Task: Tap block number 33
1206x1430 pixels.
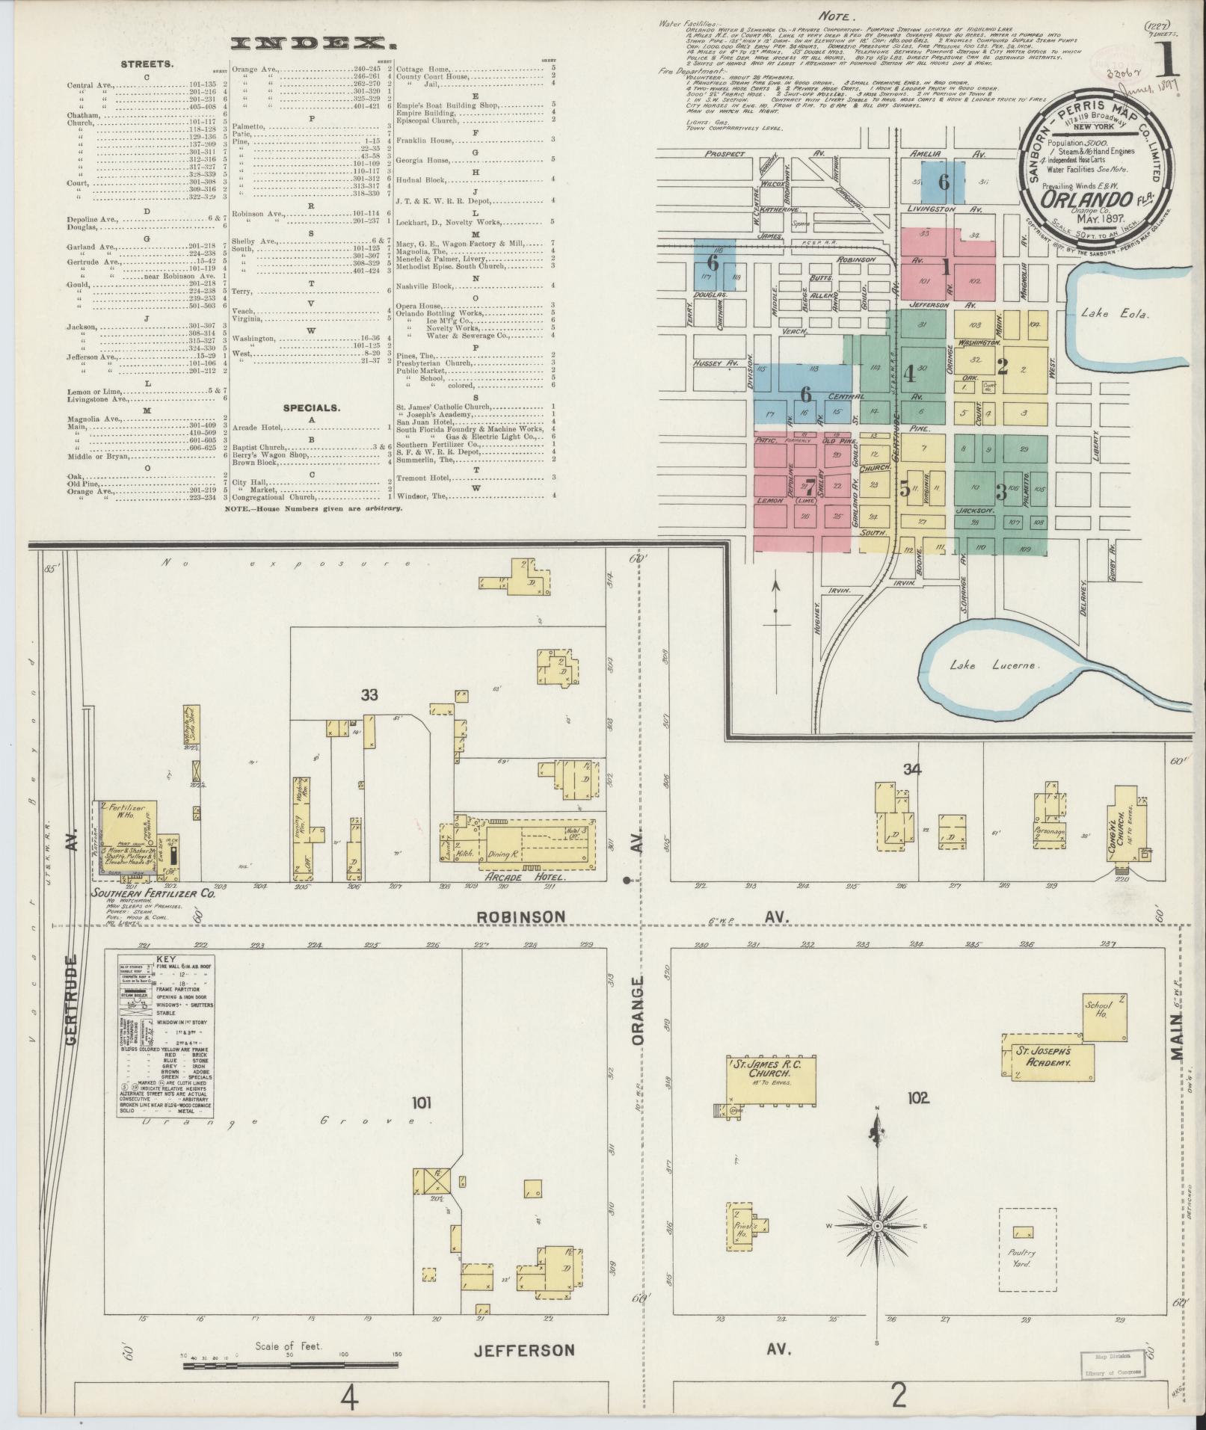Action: point(369,694)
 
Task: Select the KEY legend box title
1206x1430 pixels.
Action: point(165,959)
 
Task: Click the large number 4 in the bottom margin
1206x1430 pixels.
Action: point(349,1396)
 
